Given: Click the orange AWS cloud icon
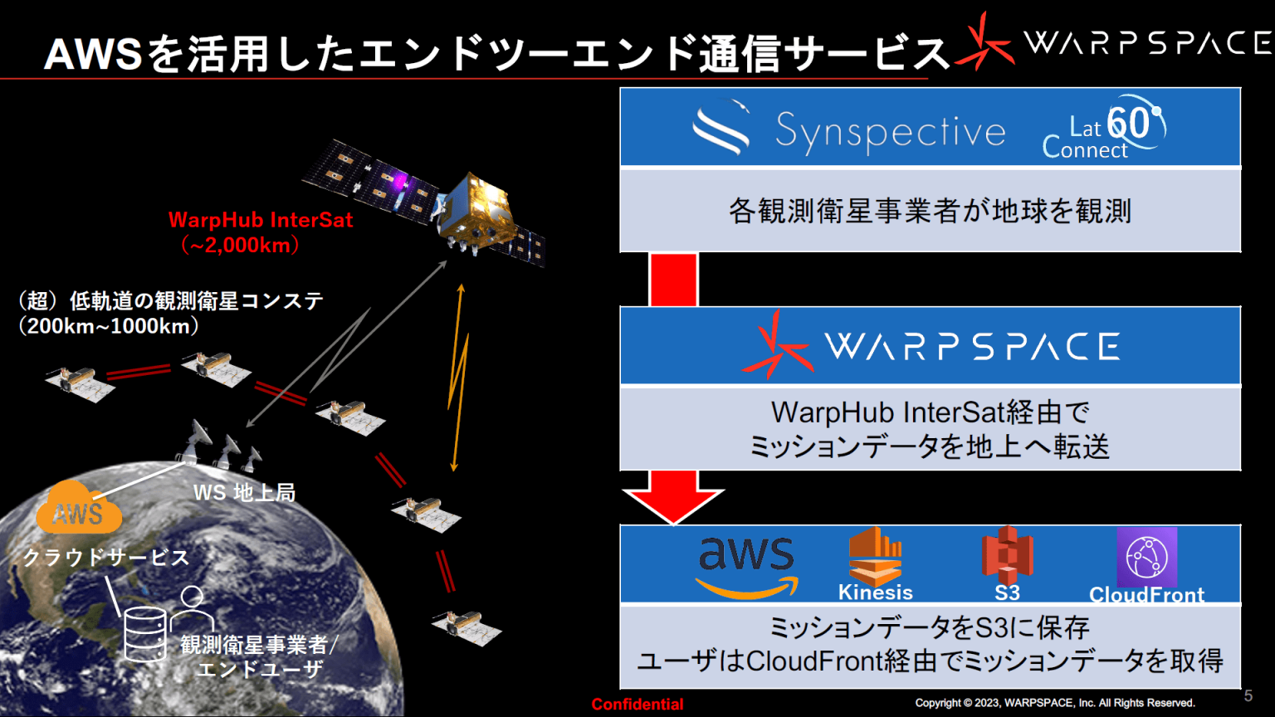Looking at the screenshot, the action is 79,508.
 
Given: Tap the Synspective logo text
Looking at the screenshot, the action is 890,132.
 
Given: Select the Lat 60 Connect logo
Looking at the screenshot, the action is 1103,128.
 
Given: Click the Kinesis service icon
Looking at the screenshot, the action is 876,557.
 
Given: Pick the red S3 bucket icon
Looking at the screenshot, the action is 1008,554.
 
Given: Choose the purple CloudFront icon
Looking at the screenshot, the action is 1146,557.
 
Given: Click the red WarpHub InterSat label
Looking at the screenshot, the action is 261,220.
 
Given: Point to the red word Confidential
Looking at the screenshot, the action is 637,705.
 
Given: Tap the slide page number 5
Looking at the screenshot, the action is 1248,695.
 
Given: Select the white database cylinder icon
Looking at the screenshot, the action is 146,634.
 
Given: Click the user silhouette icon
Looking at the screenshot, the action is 192,607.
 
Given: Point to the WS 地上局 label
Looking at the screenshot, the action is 245,493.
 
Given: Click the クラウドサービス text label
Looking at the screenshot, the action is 106,558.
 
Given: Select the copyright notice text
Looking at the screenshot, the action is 1055,704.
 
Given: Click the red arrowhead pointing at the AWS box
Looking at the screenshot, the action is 673,505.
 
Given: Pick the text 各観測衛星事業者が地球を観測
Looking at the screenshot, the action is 930,211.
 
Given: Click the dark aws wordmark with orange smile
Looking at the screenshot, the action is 746,567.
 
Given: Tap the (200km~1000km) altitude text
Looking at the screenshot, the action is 108,326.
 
